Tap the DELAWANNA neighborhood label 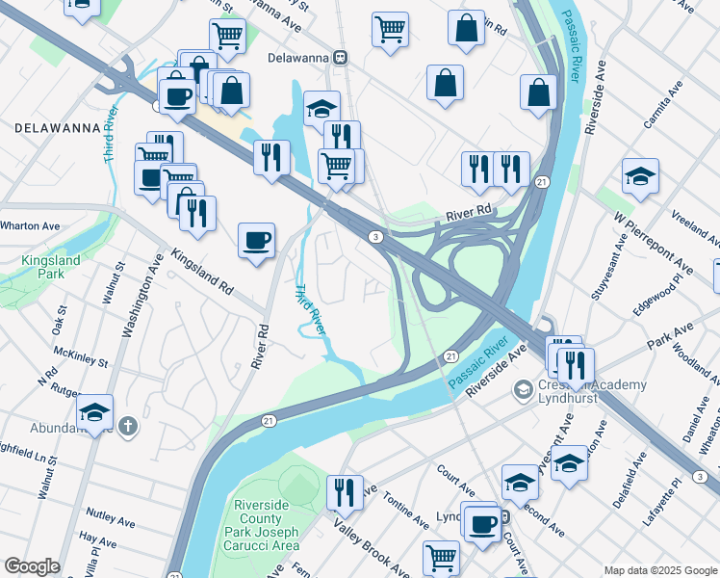pyautogui.click(x=57, y=127)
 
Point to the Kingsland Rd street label pyautogui.click(x=202, y=273)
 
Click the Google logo pyautogui.click(x=32, y=566)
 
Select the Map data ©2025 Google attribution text pyautogui.click(x=659, y=570)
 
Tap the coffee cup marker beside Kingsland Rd pyautogui.click(x=256, y=241)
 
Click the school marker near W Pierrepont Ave pyautogui.click(x=640, y=177)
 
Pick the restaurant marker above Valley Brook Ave pyautogui.click(x=345, y=492)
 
